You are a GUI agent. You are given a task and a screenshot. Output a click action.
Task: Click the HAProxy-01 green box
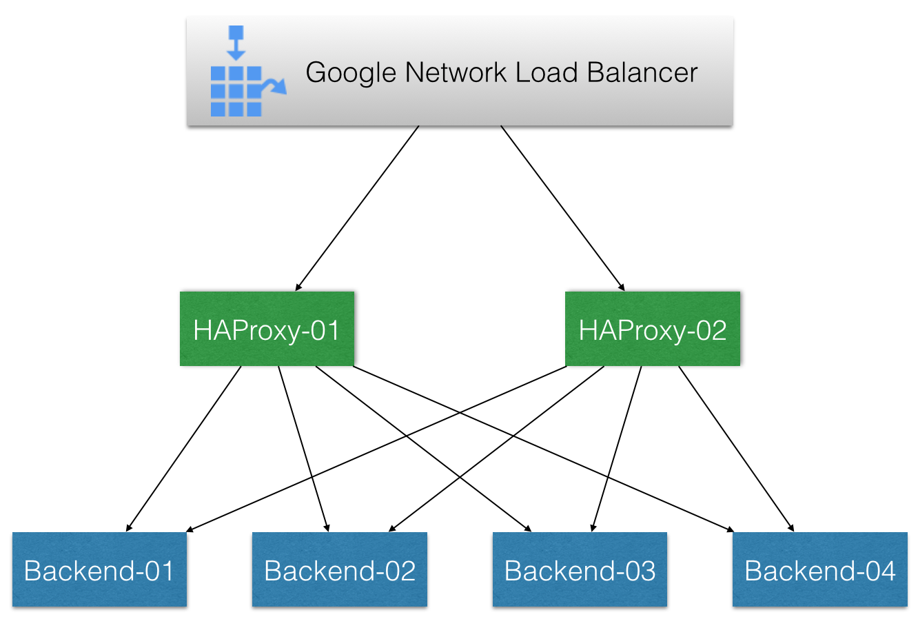point(267,329)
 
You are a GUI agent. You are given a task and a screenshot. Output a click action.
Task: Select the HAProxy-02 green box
point(652,329)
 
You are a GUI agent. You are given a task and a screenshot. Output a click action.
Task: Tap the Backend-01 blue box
point(99,569)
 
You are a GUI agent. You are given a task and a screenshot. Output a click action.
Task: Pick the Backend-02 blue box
point(339,569)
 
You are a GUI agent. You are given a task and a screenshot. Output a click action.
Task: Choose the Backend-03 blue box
point(580,569)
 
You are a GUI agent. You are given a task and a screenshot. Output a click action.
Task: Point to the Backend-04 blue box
point(819,569)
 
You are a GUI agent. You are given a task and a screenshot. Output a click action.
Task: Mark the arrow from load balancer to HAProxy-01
point(357,207)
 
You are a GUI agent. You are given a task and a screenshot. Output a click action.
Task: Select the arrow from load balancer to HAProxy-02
point(562,207)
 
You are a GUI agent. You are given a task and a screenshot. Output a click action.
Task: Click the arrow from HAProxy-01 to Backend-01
point(184,448)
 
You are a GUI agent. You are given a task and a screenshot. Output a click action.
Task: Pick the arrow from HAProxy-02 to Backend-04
point(736,448)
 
